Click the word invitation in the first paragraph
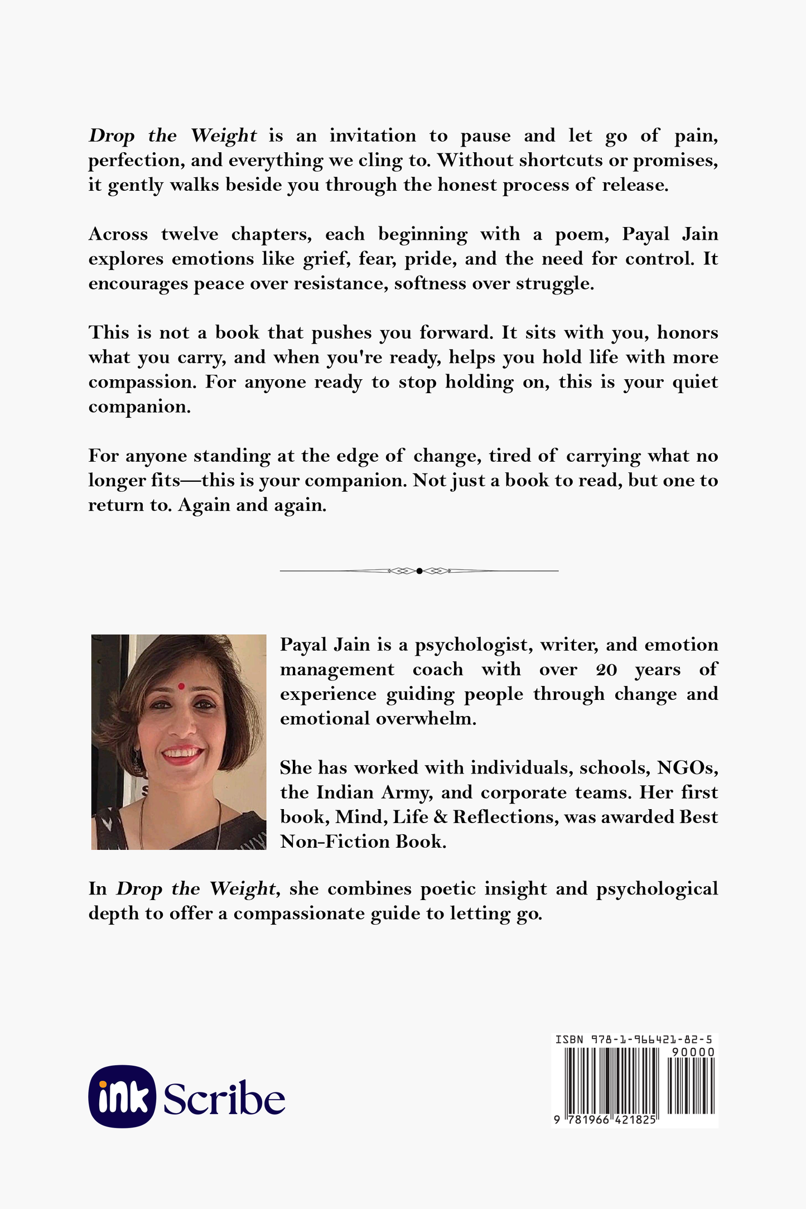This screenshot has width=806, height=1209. (x=373, y=136)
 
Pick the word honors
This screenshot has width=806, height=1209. (x=687, y=333)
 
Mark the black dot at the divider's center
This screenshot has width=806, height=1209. (x=419, y=570)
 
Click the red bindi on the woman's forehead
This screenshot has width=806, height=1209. (x=181, y=686)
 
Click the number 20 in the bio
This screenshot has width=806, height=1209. (x=606, y=670)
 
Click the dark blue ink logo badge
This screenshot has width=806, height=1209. (x=122, y=1097)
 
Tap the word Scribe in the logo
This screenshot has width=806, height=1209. (x=224, y=1099)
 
